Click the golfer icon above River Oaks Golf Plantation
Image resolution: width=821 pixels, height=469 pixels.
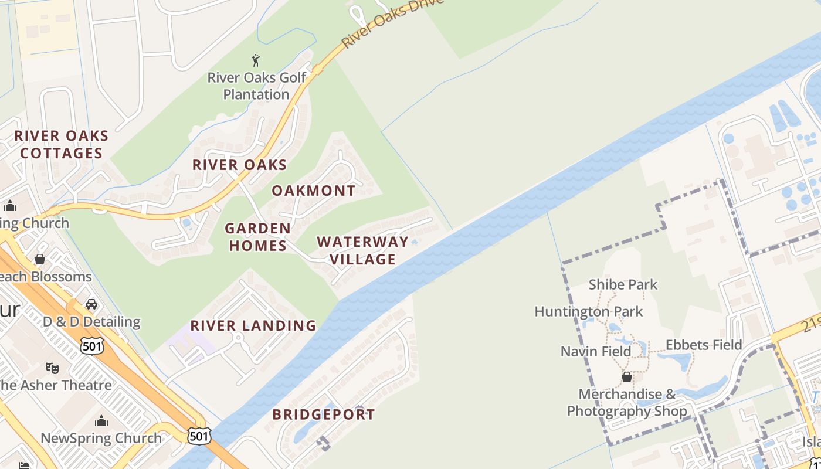pyautogui.click(x=256, y=60)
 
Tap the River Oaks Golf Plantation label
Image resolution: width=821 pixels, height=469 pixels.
pyautogui.click(x=257, y=86)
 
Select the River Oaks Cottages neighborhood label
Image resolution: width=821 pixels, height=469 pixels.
pyautogui.click(x=62, y=144)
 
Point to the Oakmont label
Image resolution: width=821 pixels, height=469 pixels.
pyautogui.click(x=313, y=191)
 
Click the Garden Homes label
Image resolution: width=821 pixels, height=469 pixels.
pyautogui.click(x=257, y=236)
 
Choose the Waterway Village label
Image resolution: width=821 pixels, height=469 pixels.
pyautogui.click(x=362, y=250)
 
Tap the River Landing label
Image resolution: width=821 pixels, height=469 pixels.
pyautogui.click(x=253, y=325)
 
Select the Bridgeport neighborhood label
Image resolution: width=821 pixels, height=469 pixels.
pyautogui.click(x=323, y=414)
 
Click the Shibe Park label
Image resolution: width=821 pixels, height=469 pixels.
pyautogui.click(x=623, y=284)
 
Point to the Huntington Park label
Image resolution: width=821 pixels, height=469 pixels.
pyautogui.click(x=589, y=311)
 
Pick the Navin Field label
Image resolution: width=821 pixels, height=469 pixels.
pyautogui.click(x=596, y=351)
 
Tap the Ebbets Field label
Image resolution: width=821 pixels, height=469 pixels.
pyautogui.click(x=704, y=345)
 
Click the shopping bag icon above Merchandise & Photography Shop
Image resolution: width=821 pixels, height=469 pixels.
pyautogui.click(x=627, y=376)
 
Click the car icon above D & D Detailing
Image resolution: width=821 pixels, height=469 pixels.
pyautogui.click(x=91, y=304)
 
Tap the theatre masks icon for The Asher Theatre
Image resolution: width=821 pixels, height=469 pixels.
pyautogui.click(x=52, y=368)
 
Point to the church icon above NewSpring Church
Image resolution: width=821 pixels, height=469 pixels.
pyautogui.click(x=101, y=421)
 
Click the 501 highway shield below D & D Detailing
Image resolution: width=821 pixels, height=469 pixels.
pyautogui.click(x=92, y=345)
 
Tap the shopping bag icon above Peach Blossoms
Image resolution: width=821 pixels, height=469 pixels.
pyautogui.click(x=40, y=259)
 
